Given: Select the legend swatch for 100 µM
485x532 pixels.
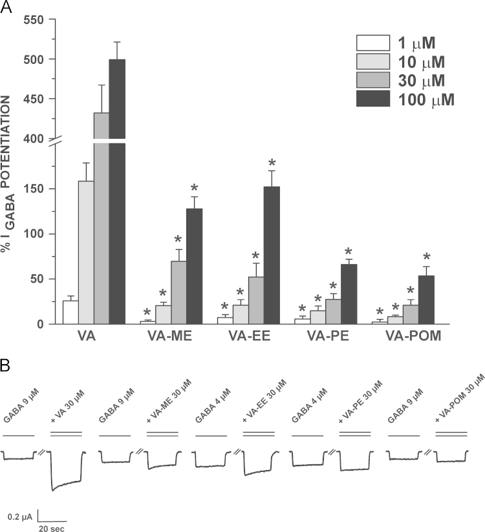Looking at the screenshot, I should [373, 99].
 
